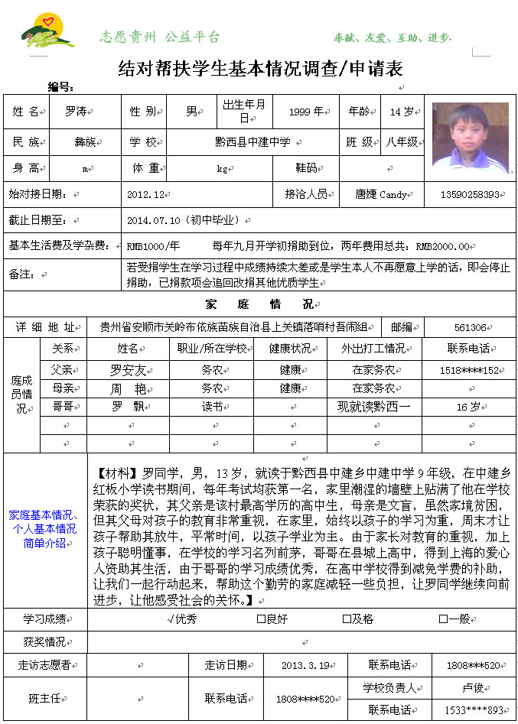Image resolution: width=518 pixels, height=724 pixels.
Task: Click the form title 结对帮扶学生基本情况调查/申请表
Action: [260, 69]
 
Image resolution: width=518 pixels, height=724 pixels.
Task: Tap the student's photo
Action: [470, 136]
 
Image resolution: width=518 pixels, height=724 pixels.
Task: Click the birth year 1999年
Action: [305, 112]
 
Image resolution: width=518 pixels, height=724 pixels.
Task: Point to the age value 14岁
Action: [402, 112]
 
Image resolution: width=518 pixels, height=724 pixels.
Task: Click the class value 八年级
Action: [402, 142]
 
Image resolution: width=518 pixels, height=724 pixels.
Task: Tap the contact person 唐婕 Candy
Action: [380, 194]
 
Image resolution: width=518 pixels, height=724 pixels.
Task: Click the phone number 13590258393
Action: [469, 194]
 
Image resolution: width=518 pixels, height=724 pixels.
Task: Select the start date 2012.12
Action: [146, 194]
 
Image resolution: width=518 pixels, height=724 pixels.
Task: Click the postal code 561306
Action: [470, 327]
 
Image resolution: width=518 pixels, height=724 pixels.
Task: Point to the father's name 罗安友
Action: [127, 370]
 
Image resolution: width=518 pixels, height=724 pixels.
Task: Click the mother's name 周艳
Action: [127, 388]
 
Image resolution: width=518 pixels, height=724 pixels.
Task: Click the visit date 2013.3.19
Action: [304, 665]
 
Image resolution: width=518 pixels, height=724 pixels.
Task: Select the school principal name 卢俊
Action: [468, 688]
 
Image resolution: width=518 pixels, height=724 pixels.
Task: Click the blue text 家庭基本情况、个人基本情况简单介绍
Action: [44, 528]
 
